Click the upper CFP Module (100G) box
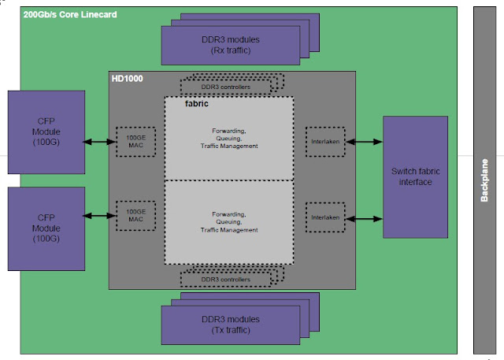(x=45, y=132)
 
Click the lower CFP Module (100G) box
(x=45, y=228)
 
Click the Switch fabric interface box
(x=414, y=176)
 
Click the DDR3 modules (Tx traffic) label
(x=231, y=324)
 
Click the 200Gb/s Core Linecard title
(x=70, y=14)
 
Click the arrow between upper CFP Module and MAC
(x=101, y=142)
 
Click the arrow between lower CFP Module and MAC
(x=101, y=216)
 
